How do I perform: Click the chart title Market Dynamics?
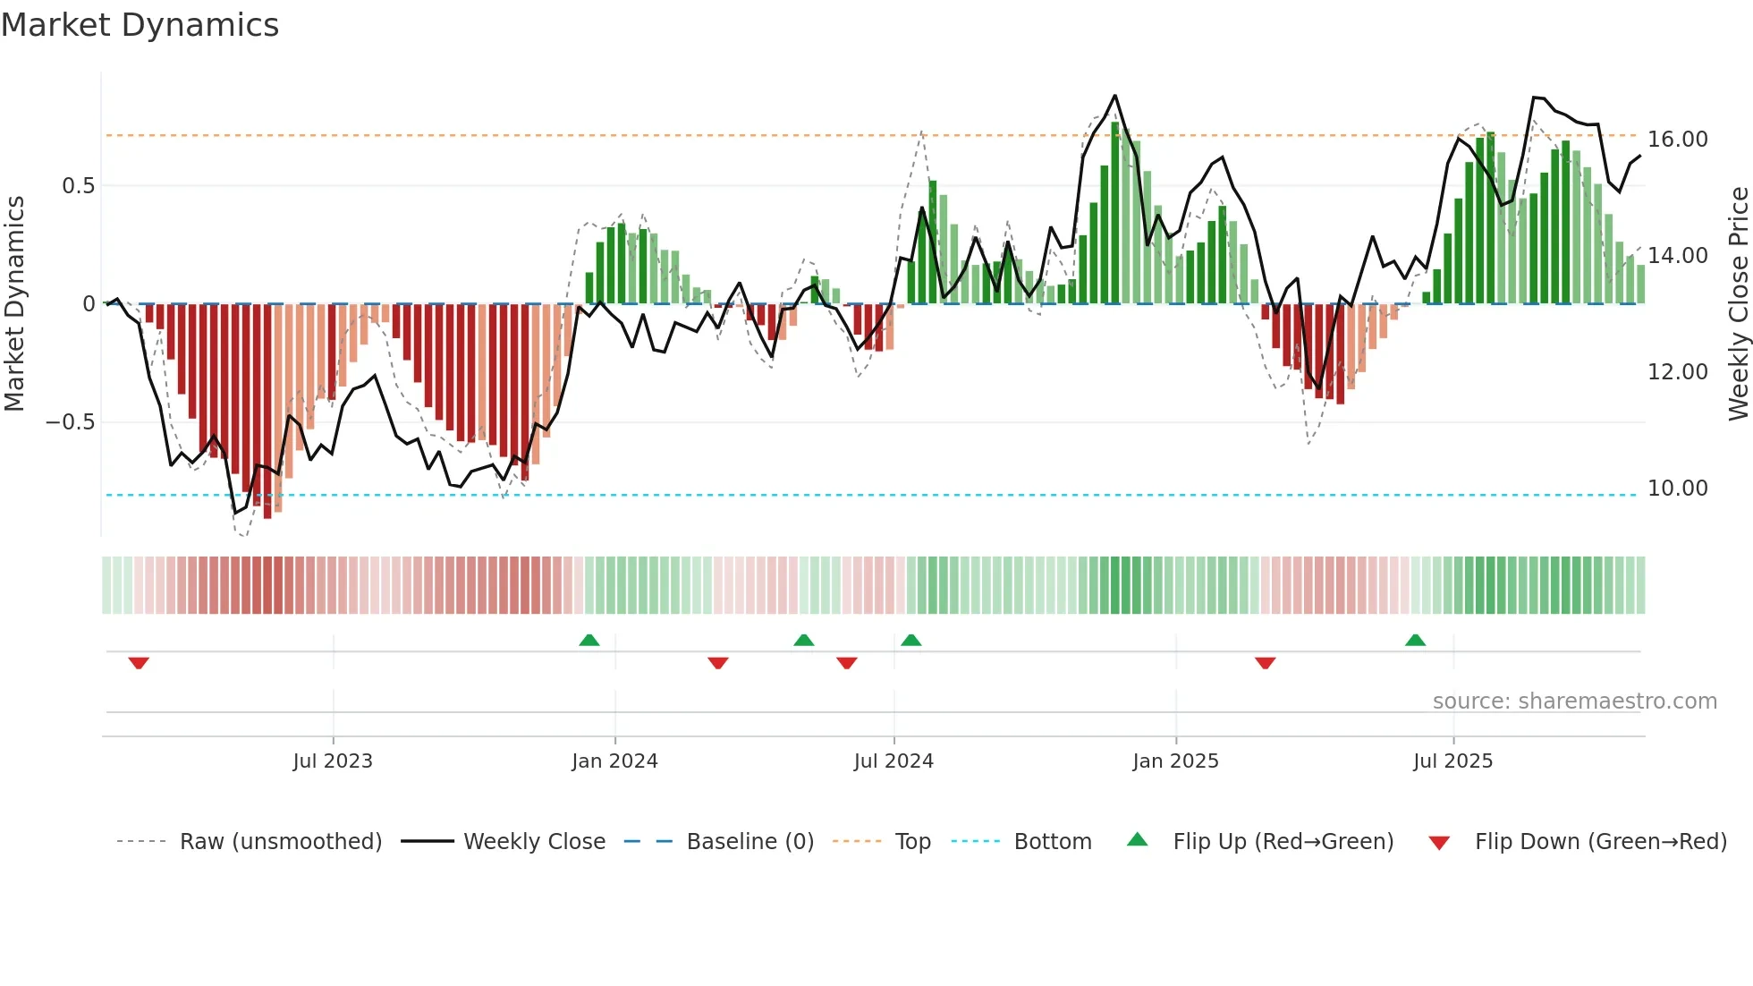[x=140, y=25]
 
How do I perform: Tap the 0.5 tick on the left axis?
[x=78, y=186]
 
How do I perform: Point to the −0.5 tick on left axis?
[x=70, y=422]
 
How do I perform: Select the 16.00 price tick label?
[x=1677, y=140]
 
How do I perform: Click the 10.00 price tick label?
[x=1677, y=489]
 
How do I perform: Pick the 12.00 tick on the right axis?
[x=1677, y=372]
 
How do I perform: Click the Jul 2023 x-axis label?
[x=333, y=761]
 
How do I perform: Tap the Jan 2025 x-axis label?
[x=1175, y=761]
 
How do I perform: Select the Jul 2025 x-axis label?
[x=1452, y=761]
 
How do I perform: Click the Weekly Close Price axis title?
[x=1738, y=304]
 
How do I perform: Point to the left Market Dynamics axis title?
[x=14, y=304]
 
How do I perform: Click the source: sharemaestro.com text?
[x=1574, y=701]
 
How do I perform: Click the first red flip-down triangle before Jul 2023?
[x=139, y=663]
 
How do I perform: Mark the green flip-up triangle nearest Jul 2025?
[x=1415, y=640]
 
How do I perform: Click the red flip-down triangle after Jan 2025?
[x=1265, y=663]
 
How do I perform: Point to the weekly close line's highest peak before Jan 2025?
[x=1114, y=96]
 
